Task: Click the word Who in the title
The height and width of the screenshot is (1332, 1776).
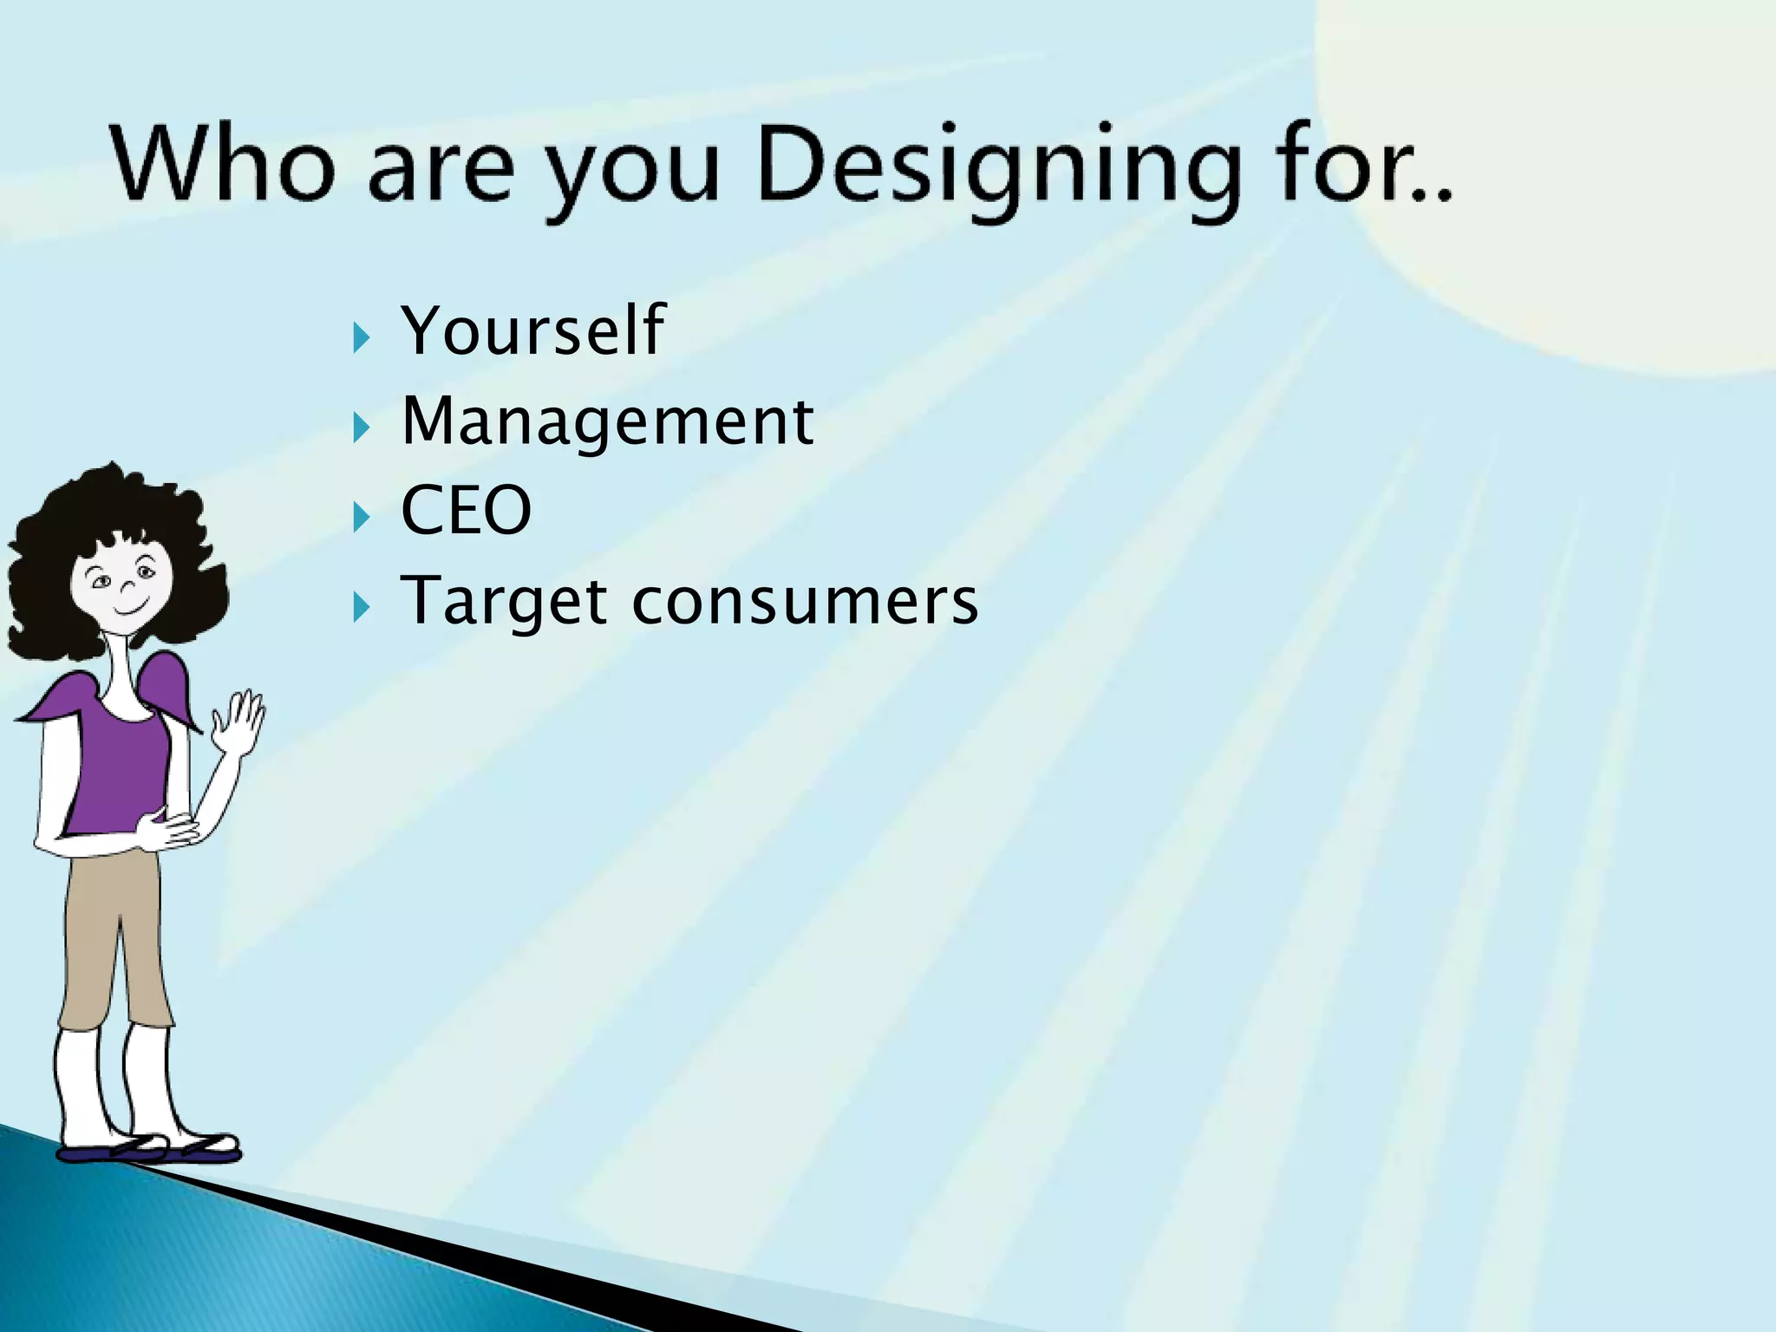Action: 222,165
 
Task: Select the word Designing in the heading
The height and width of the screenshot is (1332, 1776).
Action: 997,169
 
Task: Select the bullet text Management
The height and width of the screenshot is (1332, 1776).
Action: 607,422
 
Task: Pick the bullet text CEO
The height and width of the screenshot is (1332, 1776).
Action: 466,511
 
